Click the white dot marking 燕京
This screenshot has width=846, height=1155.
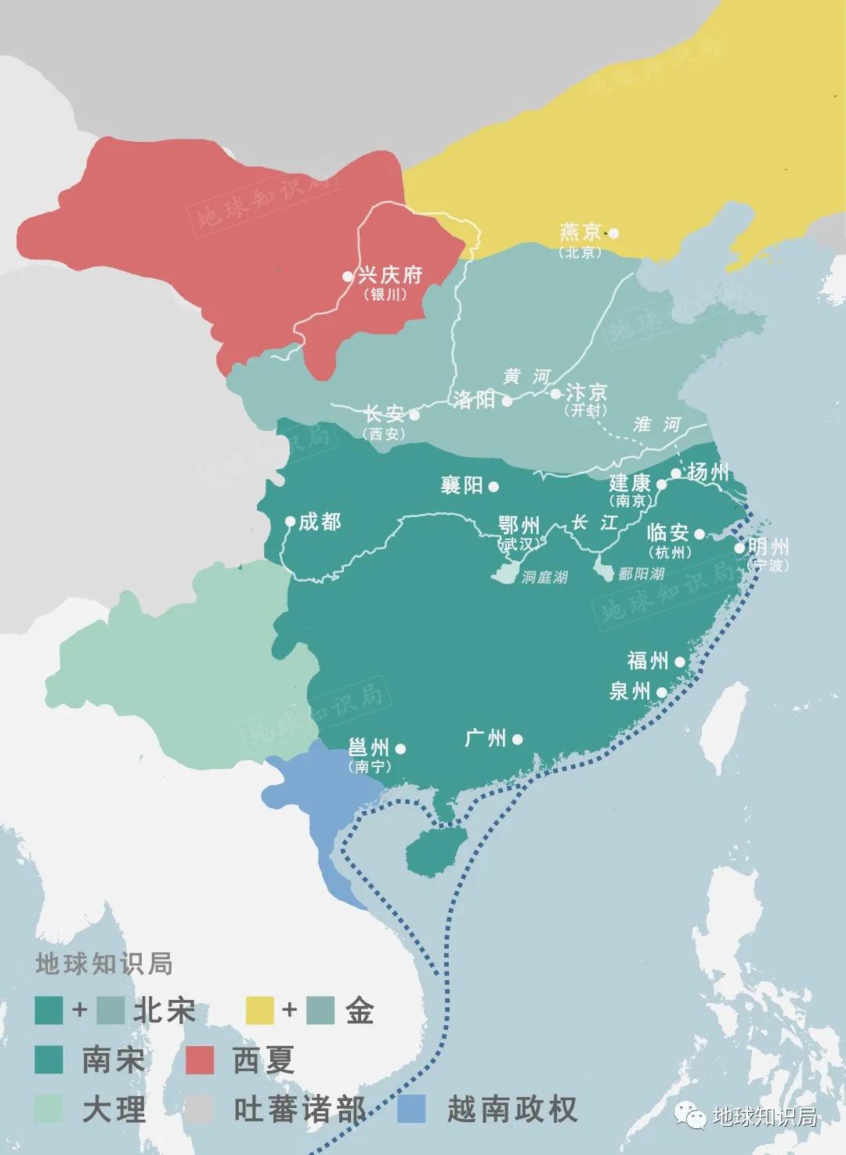[x=613, y=233]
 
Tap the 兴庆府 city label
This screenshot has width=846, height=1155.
[x=389, y=275]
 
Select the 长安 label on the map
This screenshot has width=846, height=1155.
[x=384, y=414]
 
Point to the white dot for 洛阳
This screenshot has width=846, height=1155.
[x=507, y=401]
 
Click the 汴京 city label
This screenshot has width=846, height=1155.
[x=586, y=392]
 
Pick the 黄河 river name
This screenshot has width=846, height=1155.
[x=526, y=377]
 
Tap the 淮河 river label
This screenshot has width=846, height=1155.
[x=656, y=425]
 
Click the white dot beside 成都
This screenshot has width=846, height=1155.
[x=290, y=521]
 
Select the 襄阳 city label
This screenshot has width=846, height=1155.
[x=461, y=486]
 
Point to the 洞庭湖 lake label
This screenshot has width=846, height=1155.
[x=544, y=577]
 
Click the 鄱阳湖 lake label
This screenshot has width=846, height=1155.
[x=640, y=574]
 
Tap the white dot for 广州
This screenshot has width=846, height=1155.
[x=517, y=739]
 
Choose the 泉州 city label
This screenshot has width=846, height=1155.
[x=630, y=691]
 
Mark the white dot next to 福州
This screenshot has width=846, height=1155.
[x=679, y=662]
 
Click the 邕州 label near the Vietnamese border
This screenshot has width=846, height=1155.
[x=368, y=748]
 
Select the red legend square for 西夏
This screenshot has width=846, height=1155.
[x=200, y=1060]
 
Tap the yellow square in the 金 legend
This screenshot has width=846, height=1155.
[x=260, y=1010]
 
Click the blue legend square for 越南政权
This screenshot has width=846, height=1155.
[x=411, y=1109]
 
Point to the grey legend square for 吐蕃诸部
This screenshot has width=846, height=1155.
[x=200, y=1109]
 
